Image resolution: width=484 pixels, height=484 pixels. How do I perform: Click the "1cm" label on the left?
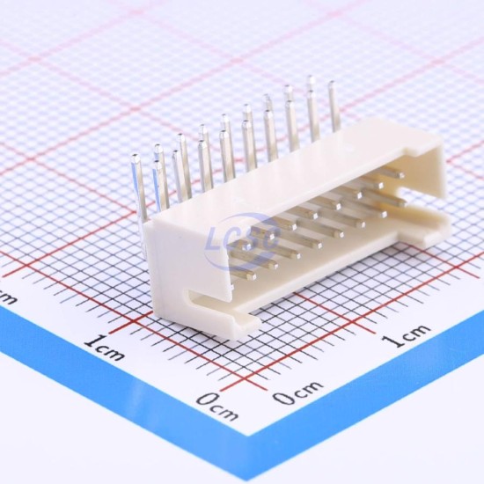[x=106, y=348]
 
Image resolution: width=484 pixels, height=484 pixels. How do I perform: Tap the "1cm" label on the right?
[x=406, y=335]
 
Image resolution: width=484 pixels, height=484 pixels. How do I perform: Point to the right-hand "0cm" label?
[x=298, y=392]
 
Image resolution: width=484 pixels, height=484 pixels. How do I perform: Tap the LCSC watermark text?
[x=242, y=240]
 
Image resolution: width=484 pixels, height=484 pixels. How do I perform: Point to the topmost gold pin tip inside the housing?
[x=401, y=176]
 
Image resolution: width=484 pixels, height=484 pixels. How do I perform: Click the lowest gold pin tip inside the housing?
[x=253, y=277]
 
